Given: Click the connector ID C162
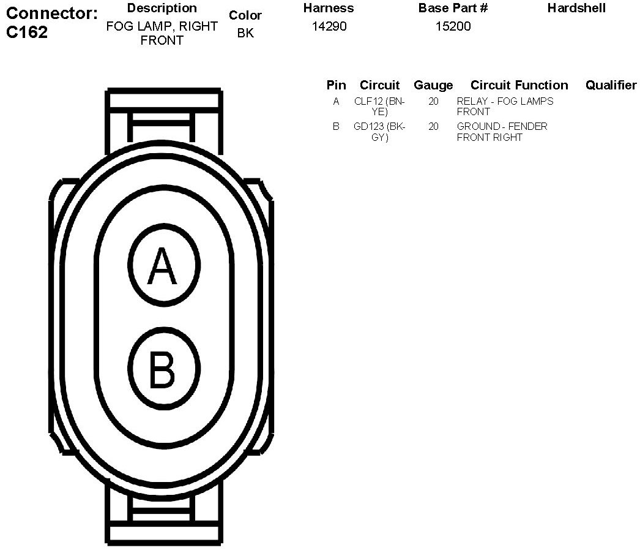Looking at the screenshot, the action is (27, 32).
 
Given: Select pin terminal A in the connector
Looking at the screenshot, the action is (163, 266).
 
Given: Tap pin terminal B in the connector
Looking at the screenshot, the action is (163, 369).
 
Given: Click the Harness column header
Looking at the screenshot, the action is (329, 9).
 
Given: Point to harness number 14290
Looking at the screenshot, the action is (329, 26).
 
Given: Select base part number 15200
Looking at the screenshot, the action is (453, 26).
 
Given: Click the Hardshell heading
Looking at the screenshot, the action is (576, 9).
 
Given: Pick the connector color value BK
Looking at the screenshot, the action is (245, 33).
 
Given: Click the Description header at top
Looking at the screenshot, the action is (162, 9).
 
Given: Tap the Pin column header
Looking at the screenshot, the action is (336, 85).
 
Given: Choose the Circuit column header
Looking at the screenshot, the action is (379, 85).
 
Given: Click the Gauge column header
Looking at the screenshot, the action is (433, 85).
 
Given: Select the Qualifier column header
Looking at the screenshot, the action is (611, 85).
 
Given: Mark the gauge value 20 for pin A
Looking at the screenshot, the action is (433, 102).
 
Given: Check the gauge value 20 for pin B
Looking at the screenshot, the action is (433, 127).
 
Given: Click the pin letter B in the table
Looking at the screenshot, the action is (336, 127).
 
